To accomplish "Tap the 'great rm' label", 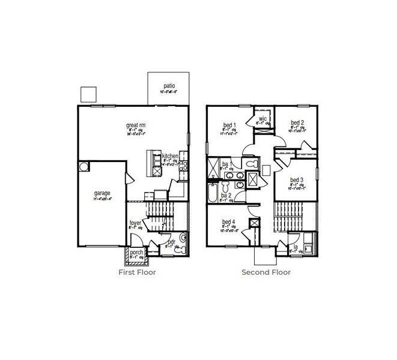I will click(136, 125).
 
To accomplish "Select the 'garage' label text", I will click(102, 193).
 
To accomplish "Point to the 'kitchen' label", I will click(170, 156).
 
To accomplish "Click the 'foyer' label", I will click(135, 223).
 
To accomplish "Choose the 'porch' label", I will click(137, 253).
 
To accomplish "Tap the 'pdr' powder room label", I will click(171, 241).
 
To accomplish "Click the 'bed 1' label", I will click(229, 125).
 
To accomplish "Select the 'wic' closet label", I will click(262, 119).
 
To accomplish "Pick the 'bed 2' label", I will click(297, 123).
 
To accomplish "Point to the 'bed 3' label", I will click(297, 179).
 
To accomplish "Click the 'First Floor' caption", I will click(137, 272).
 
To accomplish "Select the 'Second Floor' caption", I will click(265, 272).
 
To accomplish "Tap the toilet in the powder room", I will click(183, 239).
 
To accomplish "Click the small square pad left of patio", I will click(88, 94).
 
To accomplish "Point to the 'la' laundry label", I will click(295, 246).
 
